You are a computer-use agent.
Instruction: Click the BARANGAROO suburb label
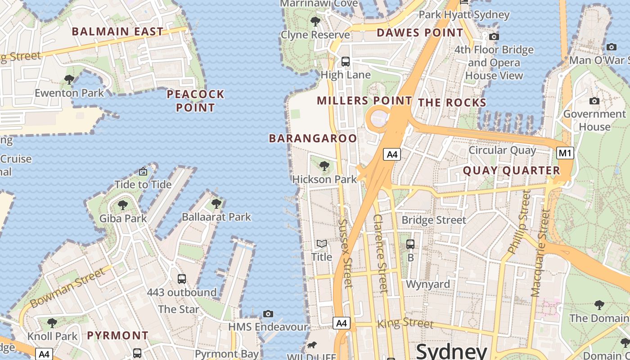click(x=313, y=138)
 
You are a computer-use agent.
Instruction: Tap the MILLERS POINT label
click(x=364, y=100)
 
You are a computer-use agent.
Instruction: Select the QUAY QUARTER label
click(x=511, y=171)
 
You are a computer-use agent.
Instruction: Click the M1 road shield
click(x=565, y=153)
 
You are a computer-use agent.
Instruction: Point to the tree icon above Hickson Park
click(x=324, y=166)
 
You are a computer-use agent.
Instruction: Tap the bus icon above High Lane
click(x=346, y=62)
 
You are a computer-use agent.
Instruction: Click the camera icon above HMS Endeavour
click(x=268, y=314)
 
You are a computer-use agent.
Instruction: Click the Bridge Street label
click(x=434, y=220)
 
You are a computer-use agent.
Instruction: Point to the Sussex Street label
click(x=345, y=253)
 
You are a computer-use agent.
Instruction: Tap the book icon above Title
click(x=321, y=244)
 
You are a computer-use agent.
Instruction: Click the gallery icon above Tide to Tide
click(x=143, y=171)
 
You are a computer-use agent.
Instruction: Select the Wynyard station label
click(x=428, y=284)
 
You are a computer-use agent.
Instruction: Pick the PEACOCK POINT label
click(x=195, y=101)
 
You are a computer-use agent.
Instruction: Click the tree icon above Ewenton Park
click(x=69, y=80)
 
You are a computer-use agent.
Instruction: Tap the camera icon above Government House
click(x=594, y=101)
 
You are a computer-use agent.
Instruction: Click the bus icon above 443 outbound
click(x=182, y=279)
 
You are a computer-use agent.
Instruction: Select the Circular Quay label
click(x=502, y=150)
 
